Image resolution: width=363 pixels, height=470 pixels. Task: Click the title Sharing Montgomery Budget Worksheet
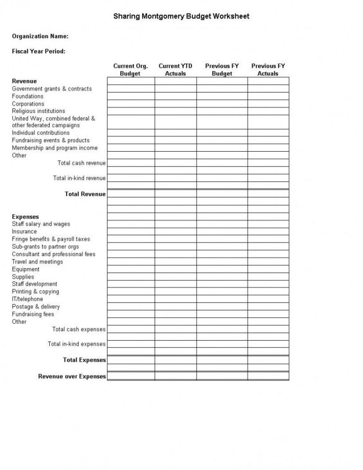pyautogui.click(x=181, y=16)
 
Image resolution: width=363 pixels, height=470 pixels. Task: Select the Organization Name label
pyautogui.click(x=40, y=36)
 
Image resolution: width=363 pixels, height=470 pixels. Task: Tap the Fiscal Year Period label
pyautogui.click(x=39, y=51)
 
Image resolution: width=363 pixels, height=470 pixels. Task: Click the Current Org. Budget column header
pyautogui.click(x=131, y=70)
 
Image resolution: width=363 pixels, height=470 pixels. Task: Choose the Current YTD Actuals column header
pyautogui.click(x=175, y=70)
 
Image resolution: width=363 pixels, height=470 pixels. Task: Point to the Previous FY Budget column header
pyautogui.click(x=222, y=70)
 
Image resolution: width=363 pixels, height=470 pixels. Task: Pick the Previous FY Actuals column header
pyautogui.click(x=268, y=70)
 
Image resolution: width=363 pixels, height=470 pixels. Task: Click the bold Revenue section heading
pyautogui.click(x=24, y=81)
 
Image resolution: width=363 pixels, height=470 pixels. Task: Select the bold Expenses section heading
pyautogui.click(x=26, y=216)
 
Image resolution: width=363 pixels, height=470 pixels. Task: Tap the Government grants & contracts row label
pyautogui.click(x=52, y=89)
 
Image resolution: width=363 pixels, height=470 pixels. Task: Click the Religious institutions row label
pyautogui.click(x=39, y=111)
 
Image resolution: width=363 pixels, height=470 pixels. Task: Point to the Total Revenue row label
pyautogui.click(x=85, y=194)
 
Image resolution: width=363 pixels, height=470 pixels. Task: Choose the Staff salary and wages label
pyautogui.click(x=41, y=224)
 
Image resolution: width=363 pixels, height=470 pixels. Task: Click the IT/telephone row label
pyautogui.click(x=27, y=299)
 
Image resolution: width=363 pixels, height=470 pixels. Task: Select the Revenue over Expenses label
pyautogui.click(x=72, y=376)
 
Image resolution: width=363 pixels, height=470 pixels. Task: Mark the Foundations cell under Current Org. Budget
pyautogui.click(x=131, y=96)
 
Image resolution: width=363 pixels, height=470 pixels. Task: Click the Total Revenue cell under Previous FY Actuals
pyautogui.click(x=268, y=194)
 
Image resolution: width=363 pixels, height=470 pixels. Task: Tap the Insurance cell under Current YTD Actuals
pyautogui.click(x=175, y=232)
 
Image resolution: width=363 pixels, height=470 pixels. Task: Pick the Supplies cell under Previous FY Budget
pyautogui.click(x=222, y=277)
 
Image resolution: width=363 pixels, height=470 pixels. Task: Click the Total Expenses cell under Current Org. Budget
pyautogui.click(x=131, y=360)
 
